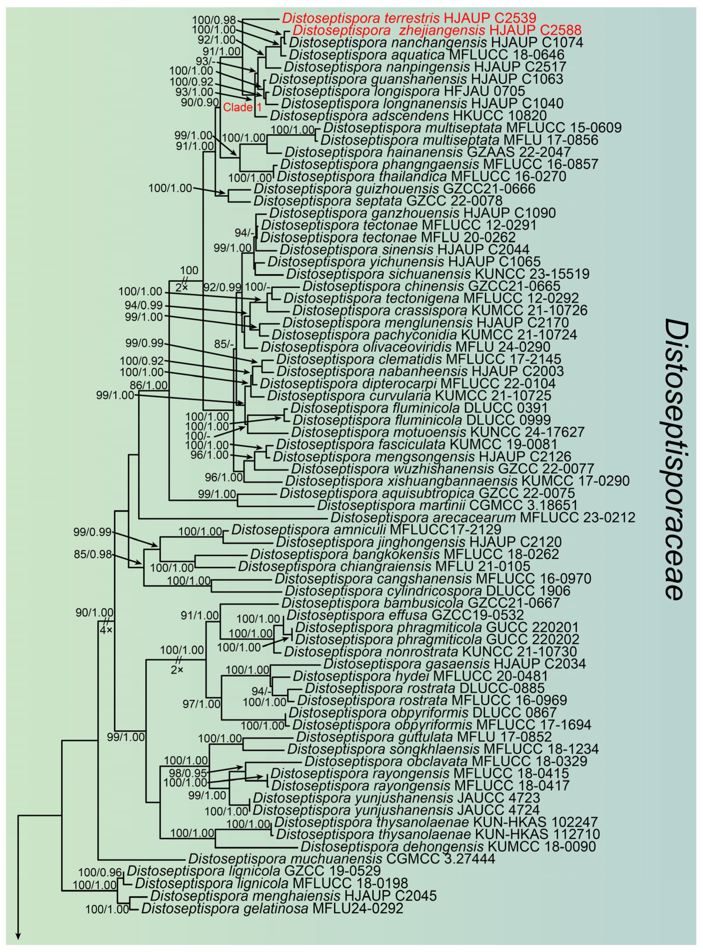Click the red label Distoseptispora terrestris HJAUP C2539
point(409,18)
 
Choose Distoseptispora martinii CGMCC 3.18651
point(447,505)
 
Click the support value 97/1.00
point(201,716)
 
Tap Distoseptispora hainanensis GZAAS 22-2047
point(428,152)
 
